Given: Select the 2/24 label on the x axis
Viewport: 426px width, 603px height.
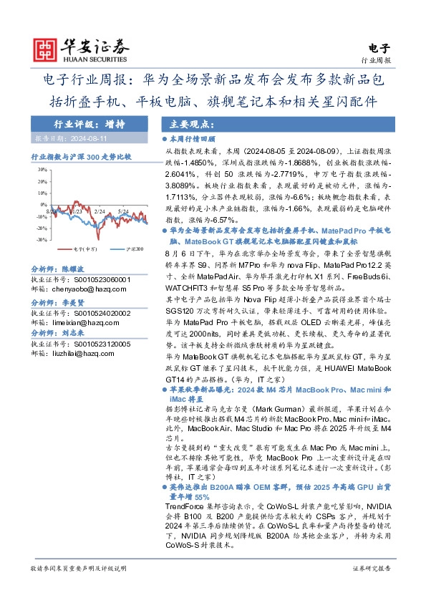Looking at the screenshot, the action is [x=100, y=192].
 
